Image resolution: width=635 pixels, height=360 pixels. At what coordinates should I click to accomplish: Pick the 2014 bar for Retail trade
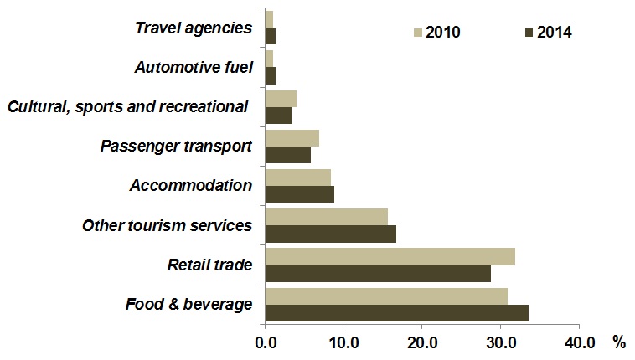pos(378,274)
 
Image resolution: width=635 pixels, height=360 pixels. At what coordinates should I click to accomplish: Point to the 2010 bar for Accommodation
pos(297,177)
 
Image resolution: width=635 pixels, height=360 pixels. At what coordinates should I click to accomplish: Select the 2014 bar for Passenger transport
pos(287,155)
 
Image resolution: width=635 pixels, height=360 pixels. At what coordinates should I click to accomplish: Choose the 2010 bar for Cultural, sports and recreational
pos(281,98)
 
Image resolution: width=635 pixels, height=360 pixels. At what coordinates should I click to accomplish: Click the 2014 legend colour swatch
pos(529,33)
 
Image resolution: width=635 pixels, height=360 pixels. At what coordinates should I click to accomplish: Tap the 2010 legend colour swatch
pos(417,33)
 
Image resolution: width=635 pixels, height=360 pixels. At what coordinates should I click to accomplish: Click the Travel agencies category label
pos(194,28)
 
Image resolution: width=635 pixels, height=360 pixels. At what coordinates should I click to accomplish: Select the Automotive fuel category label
pos(194,67)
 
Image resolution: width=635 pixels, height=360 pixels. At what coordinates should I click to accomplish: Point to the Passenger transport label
pos(176,147)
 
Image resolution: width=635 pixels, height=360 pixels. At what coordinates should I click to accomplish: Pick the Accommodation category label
pos(191,185)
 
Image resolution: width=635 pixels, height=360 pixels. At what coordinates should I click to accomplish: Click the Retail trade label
pos(209,265)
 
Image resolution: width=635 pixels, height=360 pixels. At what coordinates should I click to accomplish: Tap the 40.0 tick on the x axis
pos(579,342)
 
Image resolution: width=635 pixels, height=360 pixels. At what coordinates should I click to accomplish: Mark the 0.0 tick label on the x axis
pos(265,342)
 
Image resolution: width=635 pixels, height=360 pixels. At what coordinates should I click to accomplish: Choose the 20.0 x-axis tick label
pos(421,342)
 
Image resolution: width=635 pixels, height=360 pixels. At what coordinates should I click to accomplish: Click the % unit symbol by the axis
pos(619,342)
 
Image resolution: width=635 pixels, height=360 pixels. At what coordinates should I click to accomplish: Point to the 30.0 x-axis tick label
pos(500,342)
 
